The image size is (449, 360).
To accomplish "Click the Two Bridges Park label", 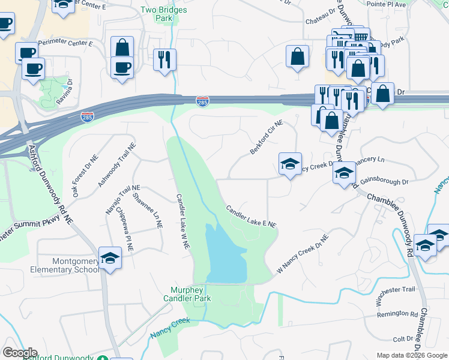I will coord(163,14).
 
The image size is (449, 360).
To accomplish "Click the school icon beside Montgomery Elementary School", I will coord(110,259).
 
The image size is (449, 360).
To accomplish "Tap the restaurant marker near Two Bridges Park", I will coord(164,60).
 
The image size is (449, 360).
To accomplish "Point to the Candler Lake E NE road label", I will coord(251,216).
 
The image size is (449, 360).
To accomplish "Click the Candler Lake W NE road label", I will coord(182,221).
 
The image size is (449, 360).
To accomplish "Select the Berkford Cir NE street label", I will coord(266,137).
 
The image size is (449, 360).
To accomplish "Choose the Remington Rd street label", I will coord(397,314).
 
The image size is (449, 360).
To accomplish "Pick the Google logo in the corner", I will coord(20,353).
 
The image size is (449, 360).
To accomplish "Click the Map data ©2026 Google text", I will coord(411,355).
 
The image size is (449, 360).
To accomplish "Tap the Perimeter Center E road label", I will coord(65,43).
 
